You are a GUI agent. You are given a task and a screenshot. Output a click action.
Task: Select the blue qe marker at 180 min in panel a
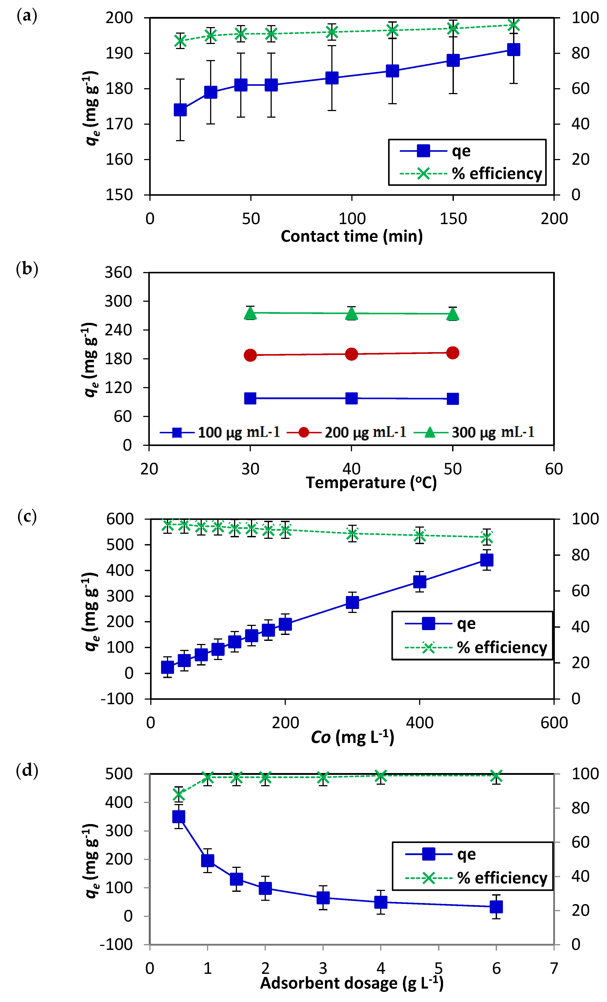pos(513,50)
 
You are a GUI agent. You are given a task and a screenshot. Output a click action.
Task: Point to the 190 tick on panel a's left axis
pos(119,53)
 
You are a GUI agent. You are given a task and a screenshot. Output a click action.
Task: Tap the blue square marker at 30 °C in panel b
pos(250,398)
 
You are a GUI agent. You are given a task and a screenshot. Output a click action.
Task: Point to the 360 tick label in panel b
pos(118,272)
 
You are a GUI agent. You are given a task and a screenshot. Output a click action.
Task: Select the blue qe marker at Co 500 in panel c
pos(487,560)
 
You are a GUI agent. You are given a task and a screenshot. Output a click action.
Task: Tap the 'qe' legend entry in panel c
pos(466,624)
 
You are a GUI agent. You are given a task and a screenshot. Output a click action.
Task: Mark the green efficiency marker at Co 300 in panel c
pos(352,534)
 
